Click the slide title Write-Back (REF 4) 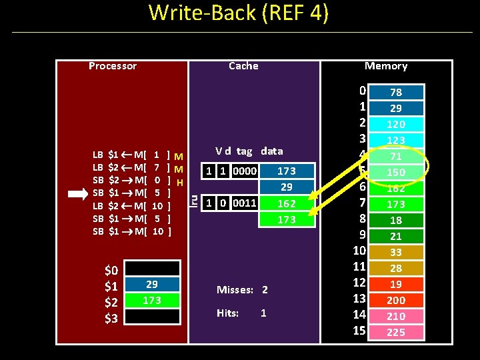coord(239,13)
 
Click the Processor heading coord(112,66)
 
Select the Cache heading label coord(243,66)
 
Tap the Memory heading coord(385,66)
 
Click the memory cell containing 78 coord(396,93)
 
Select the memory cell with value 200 coord(396,300)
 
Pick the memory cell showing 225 coord(396,332)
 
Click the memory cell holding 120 coord(396,124)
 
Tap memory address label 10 coord(360,251)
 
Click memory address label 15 coord(360,331)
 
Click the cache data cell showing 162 coord(286,203)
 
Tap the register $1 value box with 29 coord(152,285)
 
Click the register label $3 coord(111,318)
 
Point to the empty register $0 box coord(152,269)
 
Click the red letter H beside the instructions coord(180,183)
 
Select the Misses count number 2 coord(264,290)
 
